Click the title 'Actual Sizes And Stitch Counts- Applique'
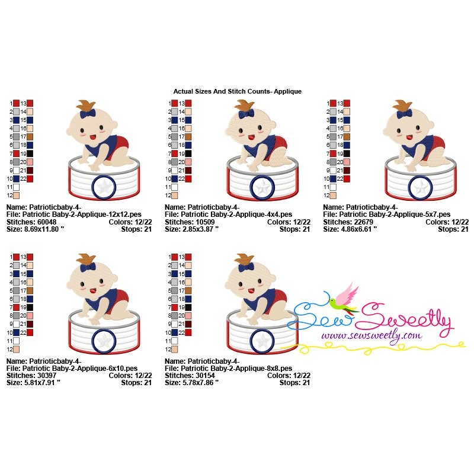238,91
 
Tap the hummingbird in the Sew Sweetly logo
345,298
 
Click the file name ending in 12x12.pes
82,214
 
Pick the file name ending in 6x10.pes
80,369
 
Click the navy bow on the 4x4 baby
246,114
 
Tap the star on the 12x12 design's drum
104,187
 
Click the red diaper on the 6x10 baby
120,299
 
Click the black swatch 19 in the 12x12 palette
30,153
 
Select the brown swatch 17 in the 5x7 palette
347,137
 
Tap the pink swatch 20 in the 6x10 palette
30,316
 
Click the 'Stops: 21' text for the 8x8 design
294,383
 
